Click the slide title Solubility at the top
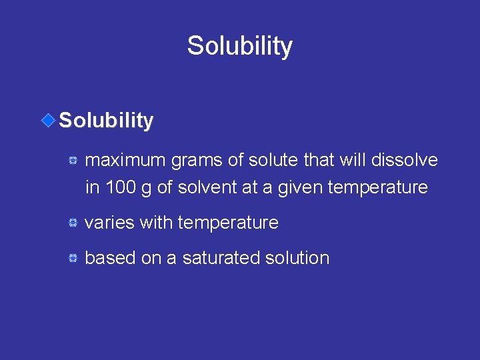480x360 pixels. [x=239, y=46]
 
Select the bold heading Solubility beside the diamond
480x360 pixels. [x=107, y=121]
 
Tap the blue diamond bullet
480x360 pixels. [x=48, y=120]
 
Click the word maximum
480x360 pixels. [x=125, y=161]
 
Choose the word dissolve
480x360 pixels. [x=407, y=161]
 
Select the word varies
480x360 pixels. [x=110, y=223]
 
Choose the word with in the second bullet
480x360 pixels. [x=156, y=223]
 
